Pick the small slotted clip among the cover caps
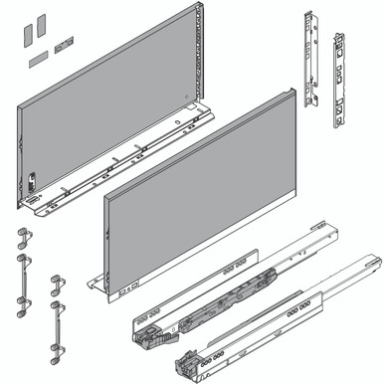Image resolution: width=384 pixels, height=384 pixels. click(x=66, y=43)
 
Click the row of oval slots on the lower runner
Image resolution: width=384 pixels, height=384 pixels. click(x=297, y=309)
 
